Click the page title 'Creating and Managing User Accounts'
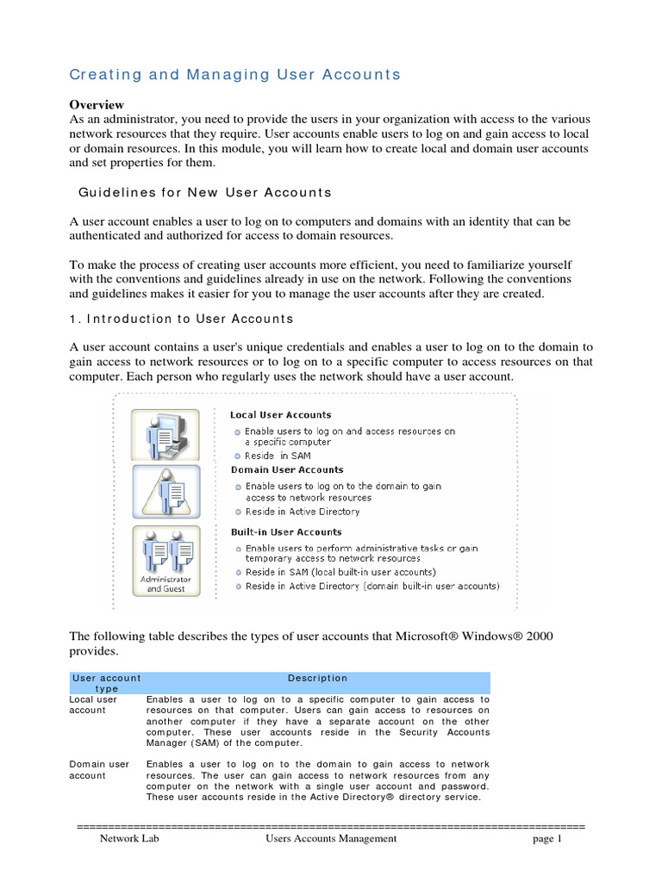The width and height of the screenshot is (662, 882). [234, 75]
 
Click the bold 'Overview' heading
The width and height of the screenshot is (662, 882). [97, 104]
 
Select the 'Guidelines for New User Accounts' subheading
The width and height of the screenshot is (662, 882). [205, 192]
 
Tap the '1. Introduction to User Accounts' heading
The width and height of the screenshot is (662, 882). [181, 319]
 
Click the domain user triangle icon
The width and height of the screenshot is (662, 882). [165, 494]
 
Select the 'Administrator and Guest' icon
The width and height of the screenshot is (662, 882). [165, 560]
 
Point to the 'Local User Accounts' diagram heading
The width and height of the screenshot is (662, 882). [280, 415]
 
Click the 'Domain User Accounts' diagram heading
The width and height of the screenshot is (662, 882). [286, 470]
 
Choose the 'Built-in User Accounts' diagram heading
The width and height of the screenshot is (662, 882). [285, 532]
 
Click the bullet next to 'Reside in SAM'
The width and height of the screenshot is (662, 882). [237, 456]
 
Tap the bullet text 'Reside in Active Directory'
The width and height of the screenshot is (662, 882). [302, 512]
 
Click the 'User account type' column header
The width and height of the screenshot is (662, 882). [106, 683]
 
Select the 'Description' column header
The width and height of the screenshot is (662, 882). [317, 678]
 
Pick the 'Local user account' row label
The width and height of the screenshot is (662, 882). [93, 705]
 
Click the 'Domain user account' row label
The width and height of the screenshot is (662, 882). [98, 769]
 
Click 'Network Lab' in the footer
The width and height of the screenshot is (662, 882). [129, 838]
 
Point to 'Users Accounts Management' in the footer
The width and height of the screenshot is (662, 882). [331, 838]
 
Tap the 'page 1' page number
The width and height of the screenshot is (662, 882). [546, 838]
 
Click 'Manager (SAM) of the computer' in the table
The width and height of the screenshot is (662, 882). [224, 742]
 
